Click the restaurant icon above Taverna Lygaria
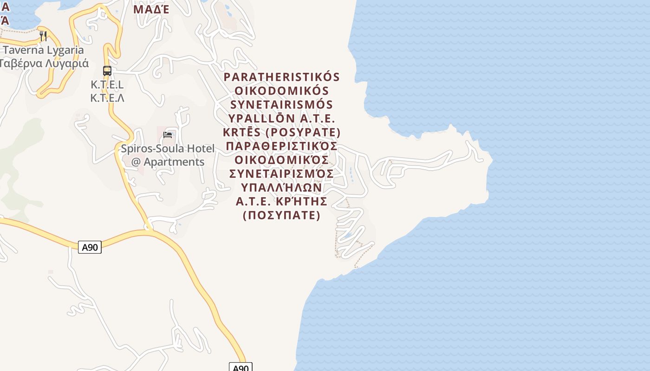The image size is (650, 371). point(43,36)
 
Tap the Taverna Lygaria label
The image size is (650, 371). point(44,50)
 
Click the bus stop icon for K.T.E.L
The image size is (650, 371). point(107,71)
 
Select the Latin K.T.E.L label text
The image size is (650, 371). point(107,85)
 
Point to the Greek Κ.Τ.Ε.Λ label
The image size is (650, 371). point(107,98)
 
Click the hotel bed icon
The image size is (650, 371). point(168,135)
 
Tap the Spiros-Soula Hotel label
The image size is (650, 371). point(168,149)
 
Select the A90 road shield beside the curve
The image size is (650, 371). point(90,247)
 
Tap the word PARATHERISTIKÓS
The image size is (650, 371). point(282,77)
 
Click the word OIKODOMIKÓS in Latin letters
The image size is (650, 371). point(282,91)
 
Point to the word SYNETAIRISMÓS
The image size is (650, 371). point(282,105)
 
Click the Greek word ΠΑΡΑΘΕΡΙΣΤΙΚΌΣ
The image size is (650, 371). point(282,147)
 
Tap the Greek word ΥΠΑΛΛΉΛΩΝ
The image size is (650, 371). point(282,188)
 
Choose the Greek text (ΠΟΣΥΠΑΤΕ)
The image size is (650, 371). point(282,216)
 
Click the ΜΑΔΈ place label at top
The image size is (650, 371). point(151,9)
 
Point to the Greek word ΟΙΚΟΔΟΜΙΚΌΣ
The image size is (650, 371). point(282,160)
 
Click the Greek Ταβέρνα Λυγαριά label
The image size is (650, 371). point(45,63)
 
